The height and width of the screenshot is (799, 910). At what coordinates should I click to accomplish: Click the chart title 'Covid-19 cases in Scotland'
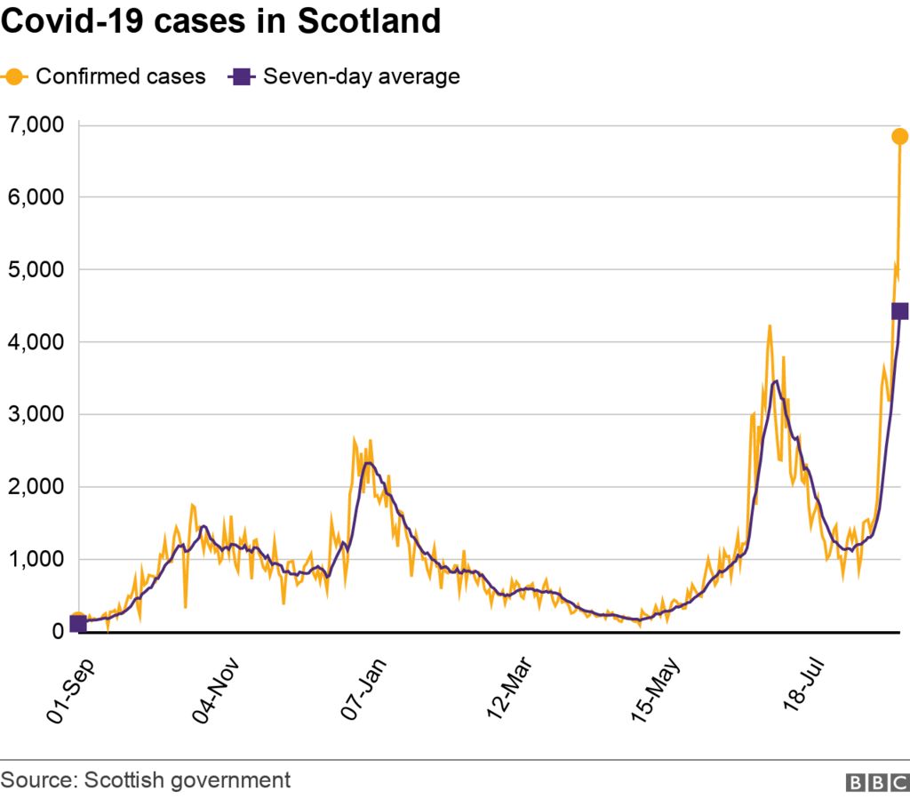pyautogui.click(x=221, y=22)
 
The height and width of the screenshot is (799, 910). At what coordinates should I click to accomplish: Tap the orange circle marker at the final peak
pyautogui.click(x=899, y=136)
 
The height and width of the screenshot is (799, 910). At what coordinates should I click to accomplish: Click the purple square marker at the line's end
pyautogui.click(x=899, y=311)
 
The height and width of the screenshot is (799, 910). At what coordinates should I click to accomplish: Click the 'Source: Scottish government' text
pyautogui.click(x=146, y=780)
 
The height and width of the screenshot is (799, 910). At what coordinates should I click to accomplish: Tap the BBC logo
pyautogui.click(x=876, y=782)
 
